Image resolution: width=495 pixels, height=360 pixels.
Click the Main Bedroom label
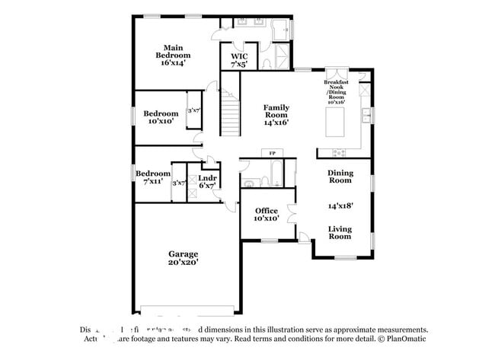point(174,56)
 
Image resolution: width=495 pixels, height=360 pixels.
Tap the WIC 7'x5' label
point(238,61)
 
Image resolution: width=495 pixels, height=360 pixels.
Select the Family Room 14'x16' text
point(276,114)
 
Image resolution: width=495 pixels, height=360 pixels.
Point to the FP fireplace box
point(272,154)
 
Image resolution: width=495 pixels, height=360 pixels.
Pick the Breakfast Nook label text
point(336,89)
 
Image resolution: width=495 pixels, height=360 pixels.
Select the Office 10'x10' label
point(266,214)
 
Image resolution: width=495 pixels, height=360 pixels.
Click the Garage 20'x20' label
point(183,258)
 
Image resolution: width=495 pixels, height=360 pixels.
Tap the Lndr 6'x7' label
point(208,182)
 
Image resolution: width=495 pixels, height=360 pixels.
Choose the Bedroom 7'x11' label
point(153,177)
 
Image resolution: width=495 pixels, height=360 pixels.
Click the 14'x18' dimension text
point(340,205)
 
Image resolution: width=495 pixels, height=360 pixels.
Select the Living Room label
point(340,232)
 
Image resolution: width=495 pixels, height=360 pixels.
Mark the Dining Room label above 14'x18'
point(340,177)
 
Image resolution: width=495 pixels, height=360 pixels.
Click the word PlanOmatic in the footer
point(403,339)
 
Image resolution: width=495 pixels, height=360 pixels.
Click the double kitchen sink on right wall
point(366,116)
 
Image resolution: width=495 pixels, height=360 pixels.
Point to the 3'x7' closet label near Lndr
point(179,183)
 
